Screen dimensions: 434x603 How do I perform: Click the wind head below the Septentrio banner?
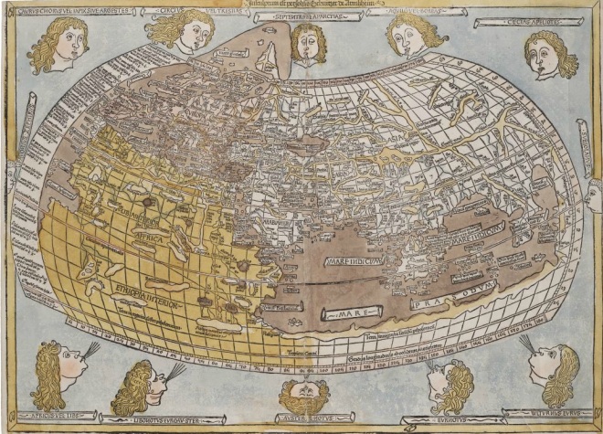pyautogui.click(x=309, y=43)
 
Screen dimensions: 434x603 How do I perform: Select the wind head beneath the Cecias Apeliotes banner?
pyautogui.click(x=549, y=54)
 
